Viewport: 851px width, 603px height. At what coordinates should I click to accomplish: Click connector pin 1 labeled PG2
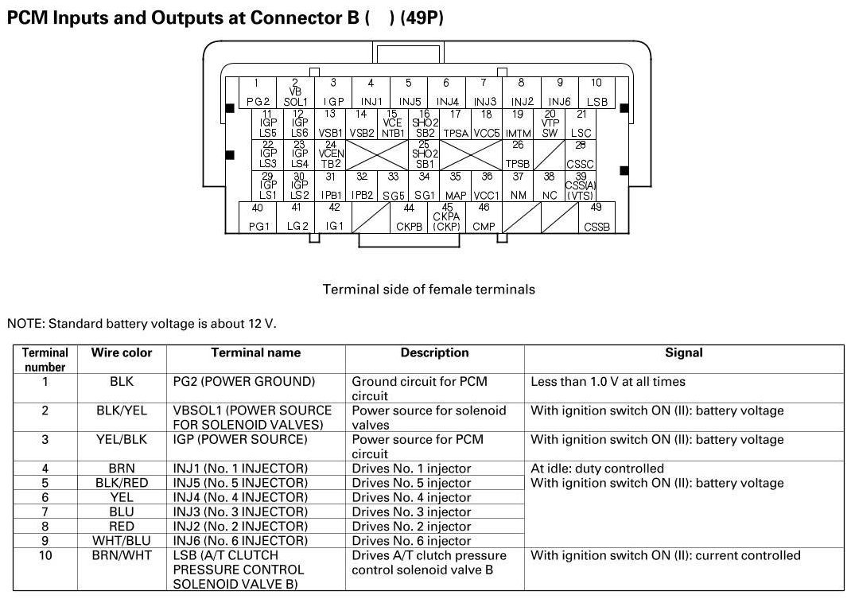click(x=256, y=92)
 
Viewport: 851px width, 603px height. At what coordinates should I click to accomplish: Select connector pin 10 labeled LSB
click(x=596, y=92)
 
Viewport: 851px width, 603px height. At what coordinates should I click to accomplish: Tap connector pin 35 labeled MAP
click(x=456, y=185)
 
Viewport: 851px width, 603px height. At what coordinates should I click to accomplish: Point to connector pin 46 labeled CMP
click(x=484, y=217)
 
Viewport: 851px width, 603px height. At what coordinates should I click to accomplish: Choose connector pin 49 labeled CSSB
click(x=596, y=217)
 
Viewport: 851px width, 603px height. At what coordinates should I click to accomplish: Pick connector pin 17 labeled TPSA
click(x=456, y=124)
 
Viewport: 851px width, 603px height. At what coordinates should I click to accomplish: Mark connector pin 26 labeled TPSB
click(x=518, y=154)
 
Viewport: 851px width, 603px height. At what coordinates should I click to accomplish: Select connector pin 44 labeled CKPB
click(x=409, y=217)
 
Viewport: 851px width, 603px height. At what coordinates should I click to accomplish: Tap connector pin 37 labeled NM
click(x=518, y=185)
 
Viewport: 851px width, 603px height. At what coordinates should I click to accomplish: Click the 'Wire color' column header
click(x=122, y=352)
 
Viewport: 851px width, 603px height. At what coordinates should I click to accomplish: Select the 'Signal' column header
click(x=684, y=352)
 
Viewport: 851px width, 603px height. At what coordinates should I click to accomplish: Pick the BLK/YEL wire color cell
click(x=122, y=410)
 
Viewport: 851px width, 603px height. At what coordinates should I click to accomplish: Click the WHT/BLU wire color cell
click(x=122, y=540)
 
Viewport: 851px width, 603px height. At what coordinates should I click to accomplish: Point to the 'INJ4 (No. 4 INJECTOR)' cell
click(x=240, y=497)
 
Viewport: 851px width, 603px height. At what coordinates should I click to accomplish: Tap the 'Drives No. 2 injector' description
click(x=411, y=526)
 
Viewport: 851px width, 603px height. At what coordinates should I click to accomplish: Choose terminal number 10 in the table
click(x=45, y=555)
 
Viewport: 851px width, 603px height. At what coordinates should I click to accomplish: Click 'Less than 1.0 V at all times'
click(x=608, y=382)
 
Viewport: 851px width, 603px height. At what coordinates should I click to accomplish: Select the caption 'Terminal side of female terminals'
click(x=429, y=290)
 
